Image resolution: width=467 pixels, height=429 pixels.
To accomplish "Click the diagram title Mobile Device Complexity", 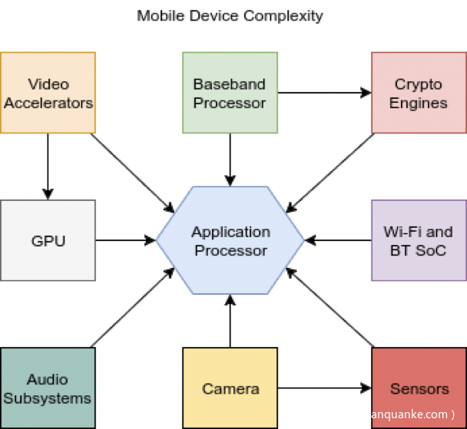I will tap(230, 15).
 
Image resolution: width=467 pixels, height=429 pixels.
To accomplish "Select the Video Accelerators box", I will tap(48, 92).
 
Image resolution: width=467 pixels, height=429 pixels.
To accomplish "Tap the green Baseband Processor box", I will tap(230, 92).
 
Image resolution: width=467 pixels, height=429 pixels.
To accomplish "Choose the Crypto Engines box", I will tap(419, 92).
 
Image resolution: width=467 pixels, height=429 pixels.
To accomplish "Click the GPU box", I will tap(48, 240).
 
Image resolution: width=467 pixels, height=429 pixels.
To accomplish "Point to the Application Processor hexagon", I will tap(230, 240).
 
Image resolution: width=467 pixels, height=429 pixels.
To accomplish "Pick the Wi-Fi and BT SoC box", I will tap(419, 240).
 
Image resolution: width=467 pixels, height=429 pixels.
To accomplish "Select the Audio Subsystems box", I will tap(48, 388).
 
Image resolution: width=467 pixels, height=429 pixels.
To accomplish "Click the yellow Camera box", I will tap(230, 388).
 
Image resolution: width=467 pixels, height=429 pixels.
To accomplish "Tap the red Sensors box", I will tap(419, 388).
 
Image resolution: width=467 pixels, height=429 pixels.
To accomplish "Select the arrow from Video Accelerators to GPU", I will tap(48, 166).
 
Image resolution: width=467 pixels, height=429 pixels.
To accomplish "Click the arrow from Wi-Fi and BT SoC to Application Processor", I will tap(338, 240).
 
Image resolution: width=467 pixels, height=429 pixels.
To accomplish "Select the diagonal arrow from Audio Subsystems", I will tap(131, 307).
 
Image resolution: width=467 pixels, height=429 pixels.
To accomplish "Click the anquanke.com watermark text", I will tap(416, 414).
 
